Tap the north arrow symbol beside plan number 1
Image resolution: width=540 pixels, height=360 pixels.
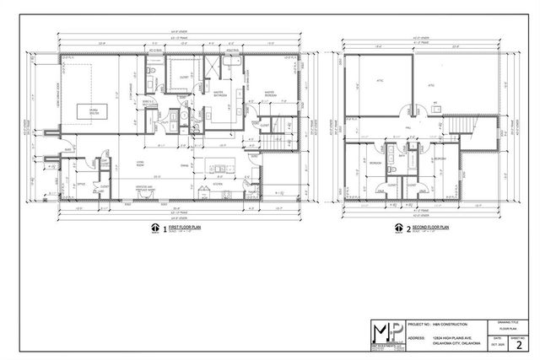point(154,228)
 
